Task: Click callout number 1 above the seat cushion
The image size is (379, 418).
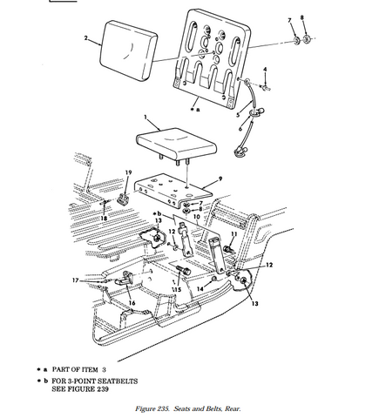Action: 144,116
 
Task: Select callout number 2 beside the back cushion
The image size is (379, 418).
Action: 86,39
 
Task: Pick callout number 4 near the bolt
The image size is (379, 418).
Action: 266,69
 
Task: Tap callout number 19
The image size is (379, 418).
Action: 128,172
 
